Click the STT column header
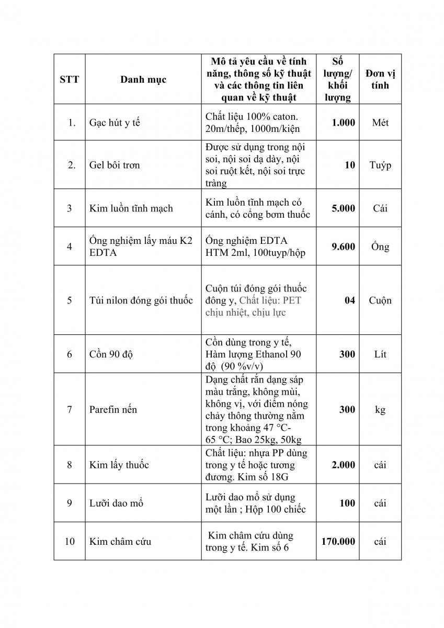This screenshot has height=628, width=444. click(x=69, y=80)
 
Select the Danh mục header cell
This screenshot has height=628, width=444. click(x=143, y=80)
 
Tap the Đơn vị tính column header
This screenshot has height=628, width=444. click(x=380, y=80)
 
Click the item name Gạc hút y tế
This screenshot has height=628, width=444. click(x=114, y=123)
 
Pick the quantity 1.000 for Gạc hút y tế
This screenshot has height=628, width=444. click(x=343, y=123)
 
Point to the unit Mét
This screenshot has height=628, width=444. click(x=380, y=123)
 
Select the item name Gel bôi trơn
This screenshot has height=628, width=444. click(x=114, y=165)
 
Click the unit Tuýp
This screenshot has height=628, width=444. click(x=380, y=165)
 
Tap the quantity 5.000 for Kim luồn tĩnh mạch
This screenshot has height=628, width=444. click(x=343, y=208)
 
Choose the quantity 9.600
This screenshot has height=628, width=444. click(x=343, y=246)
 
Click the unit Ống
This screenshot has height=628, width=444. click(x=380, y=246)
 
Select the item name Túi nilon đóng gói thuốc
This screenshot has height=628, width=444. click(x=141, y=300)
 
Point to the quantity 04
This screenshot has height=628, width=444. click(x=349, y=300)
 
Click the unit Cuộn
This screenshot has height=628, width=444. click(x=380, y=300)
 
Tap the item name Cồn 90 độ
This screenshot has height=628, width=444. click(x=111, y=354)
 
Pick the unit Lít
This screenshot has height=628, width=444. click(x=380, y=354)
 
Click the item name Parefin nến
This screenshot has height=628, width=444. click(x=113, y=409)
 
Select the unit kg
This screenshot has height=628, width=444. click(x=380, y=409)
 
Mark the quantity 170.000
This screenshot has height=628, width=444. click(x=338, y=542)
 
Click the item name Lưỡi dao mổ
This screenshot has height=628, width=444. click(x=116, y=503)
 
